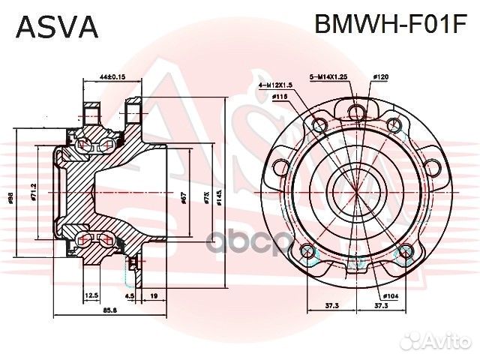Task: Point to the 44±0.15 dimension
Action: [x=112, y=76]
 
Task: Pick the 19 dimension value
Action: [x=153, y=295]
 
